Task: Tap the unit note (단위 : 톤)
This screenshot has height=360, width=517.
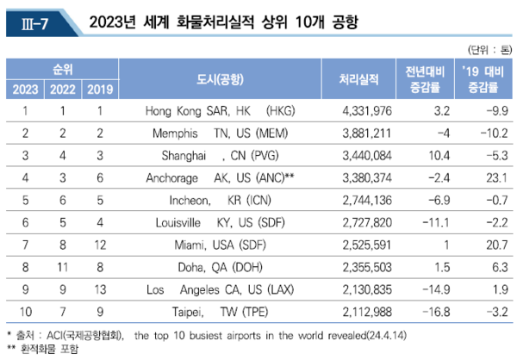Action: pyautogui.click(x=486, y=48)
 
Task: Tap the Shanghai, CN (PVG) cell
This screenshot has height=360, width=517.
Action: pyautogui.click(x=221, y=155)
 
